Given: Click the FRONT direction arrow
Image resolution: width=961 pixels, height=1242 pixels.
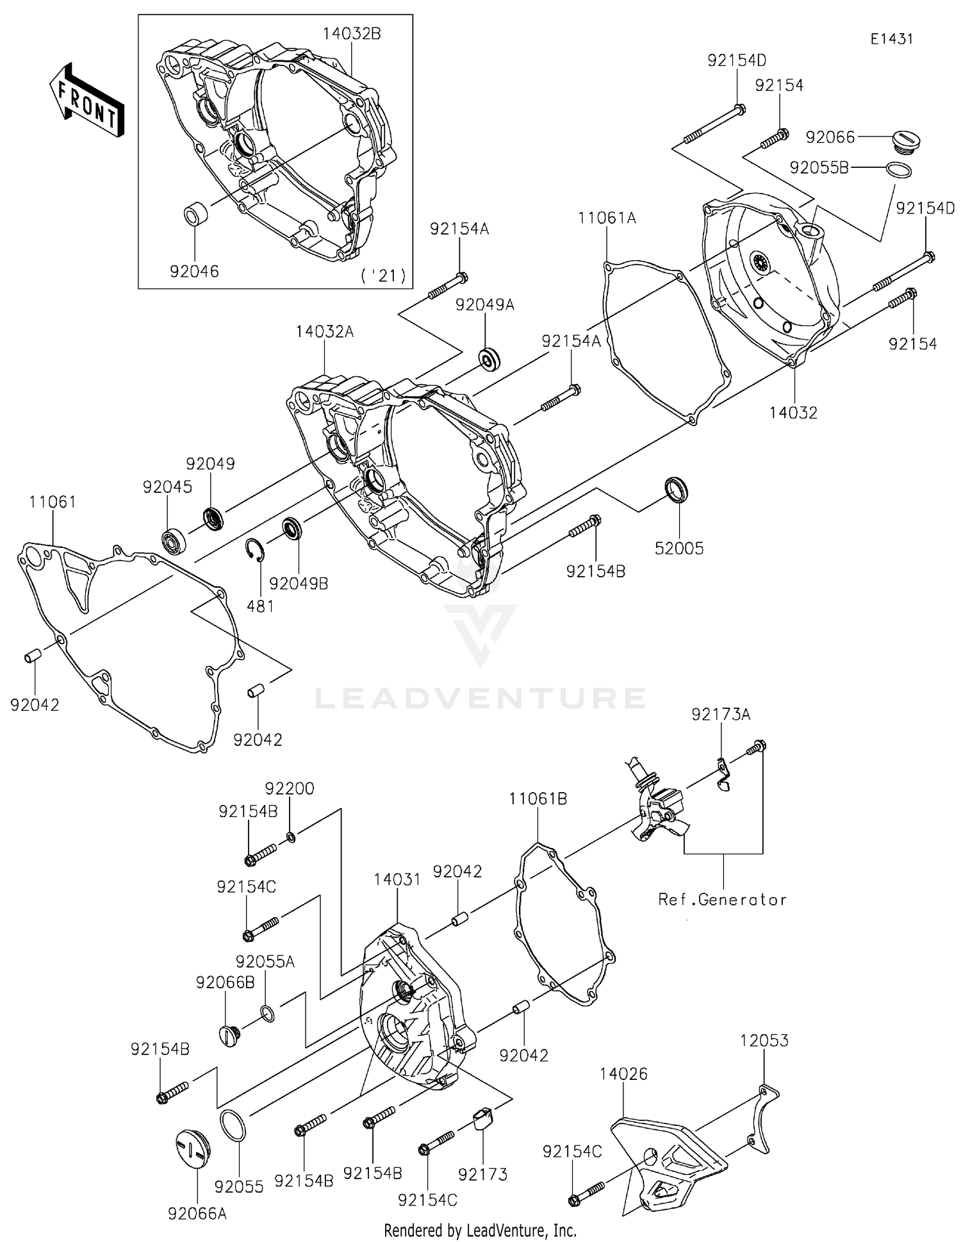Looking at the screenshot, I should pos(86,101).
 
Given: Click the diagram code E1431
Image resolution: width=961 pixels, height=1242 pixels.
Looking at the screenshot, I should pos(891,39).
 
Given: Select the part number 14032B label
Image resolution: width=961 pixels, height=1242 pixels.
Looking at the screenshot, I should pos(351,34).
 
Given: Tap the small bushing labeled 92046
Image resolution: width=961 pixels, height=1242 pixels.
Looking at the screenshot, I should pos(196,213).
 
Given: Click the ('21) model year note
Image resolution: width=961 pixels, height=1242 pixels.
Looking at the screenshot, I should pos(383,276).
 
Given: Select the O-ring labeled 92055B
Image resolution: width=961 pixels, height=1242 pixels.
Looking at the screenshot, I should pos(899,170).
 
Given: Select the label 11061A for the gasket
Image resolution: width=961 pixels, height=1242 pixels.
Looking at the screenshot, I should pos(607,218).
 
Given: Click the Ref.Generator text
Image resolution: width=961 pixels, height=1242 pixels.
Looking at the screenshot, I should pos(722,900).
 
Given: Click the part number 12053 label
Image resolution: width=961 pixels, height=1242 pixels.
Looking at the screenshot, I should pos(764,1041).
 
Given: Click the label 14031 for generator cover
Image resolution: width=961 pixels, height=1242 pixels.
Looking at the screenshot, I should pos(397,880).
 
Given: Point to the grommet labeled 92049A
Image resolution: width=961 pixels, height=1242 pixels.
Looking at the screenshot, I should pos(490,360).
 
